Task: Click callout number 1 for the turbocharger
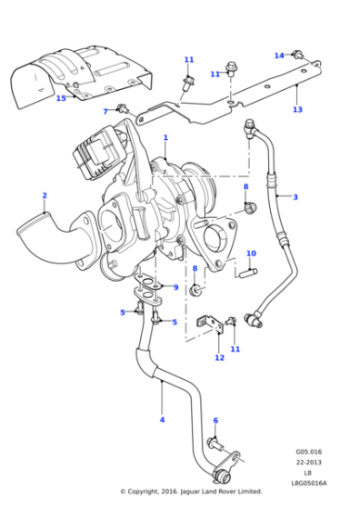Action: (x=165, y=138)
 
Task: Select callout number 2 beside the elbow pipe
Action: (x=44, y=195)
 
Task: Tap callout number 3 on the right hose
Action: (x=295, y=197)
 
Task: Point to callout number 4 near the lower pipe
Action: (x=162, y=419)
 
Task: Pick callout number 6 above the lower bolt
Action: (x=215, y=421)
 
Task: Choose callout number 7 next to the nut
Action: (x=105, y=111)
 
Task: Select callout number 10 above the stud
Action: (x=252, y=254)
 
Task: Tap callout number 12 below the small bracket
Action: (x=219, y=358)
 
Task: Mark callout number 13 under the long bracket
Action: (x=297, y=110)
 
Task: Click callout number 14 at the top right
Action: (x=279, y=55)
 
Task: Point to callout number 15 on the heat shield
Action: (x=61, y=98)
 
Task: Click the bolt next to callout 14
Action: (x=297, y=56)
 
